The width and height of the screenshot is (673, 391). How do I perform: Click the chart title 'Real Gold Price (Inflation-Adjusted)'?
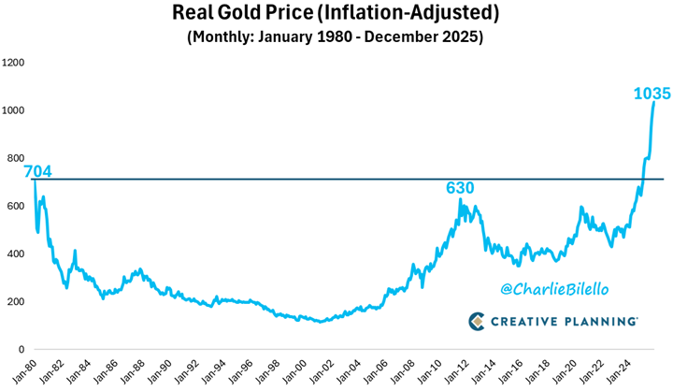pyautogui.click(x=336, y=14)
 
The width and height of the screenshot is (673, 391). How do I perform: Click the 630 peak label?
pyautogui.click(x=460, y=188)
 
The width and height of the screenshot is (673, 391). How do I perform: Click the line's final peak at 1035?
pyautogui.click(x=653, y=102)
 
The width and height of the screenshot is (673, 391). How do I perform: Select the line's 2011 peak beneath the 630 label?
pyautogui.click(x=461, y=199)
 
